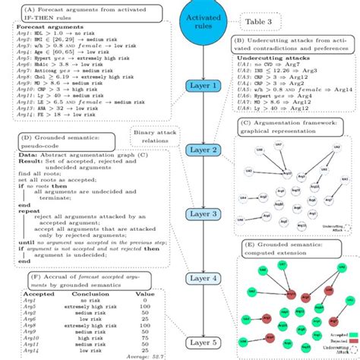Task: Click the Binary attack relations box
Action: pyautogui.click(x=154, y=134)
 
